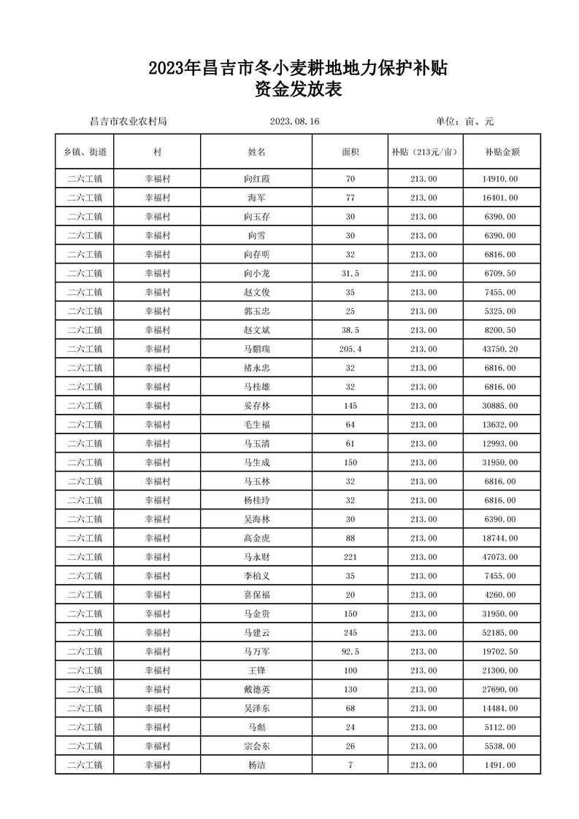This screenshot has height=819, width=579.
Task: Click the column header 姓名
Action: pyautogui.click(x=256, y=152)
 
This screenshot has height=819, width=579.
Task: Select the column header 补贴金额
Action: pyautogui.click(x=502, y=152)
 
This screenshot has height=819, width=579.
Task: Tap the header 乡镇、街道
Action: pyautogui.click(x=85, y=152)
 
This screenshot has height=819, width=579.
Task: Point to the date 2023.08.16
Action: pyautogui.click(x=295, y=121)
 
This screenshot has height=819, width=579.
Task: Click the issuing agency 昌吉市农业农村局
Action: pyautogui.click(x=128, y=121)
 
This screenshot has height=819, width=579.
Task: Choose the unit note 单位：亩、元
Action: pyautogui.click(x=465, y=121)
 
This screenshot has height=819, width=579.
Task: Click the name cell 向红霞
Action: pyautogui.click(x=256, y=179)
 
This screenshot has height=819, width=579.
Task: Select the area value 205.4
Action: pyautogui.click(x=350, y=349)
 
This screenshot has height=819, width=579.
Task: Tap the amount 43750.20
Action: pyautogui.click(x=501, y=349)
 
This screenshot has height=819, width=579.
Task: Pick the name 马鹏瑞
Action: pyautogui.click(x=256, y=349)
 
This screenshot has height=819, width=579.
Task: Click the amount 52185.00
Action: pyautogui.click(x=501, y=633)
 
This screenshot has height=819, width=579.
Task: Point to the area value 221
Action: pyautogui.click(x=350, y=557)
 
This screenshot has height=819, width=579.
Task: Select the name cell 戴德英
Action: pyautogui.click(x=256, y=689)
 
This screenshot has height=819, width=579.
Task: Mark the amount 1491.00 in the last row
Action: pyautogui.click(x=501, y=765)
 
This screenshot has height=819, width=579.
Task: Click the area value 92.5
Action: pyautogui.click(x=350, y=652)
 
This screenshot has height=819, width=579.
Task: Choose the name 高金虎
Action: pyautogui.click(x=256, y=538)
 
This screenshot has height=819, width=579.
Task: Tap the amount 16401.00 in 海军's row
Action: pyautogui.click(x=501, y=198)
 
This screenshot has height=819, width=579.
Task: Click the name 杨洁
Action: pyautogui.click(x=256, y=765)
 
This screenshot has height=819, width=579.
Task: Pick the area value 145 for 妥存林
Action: pyautogui.click(x=350, y=406)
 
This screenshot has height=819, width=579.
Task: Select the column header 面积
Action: pyautogui.click(x=350, y=152)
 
